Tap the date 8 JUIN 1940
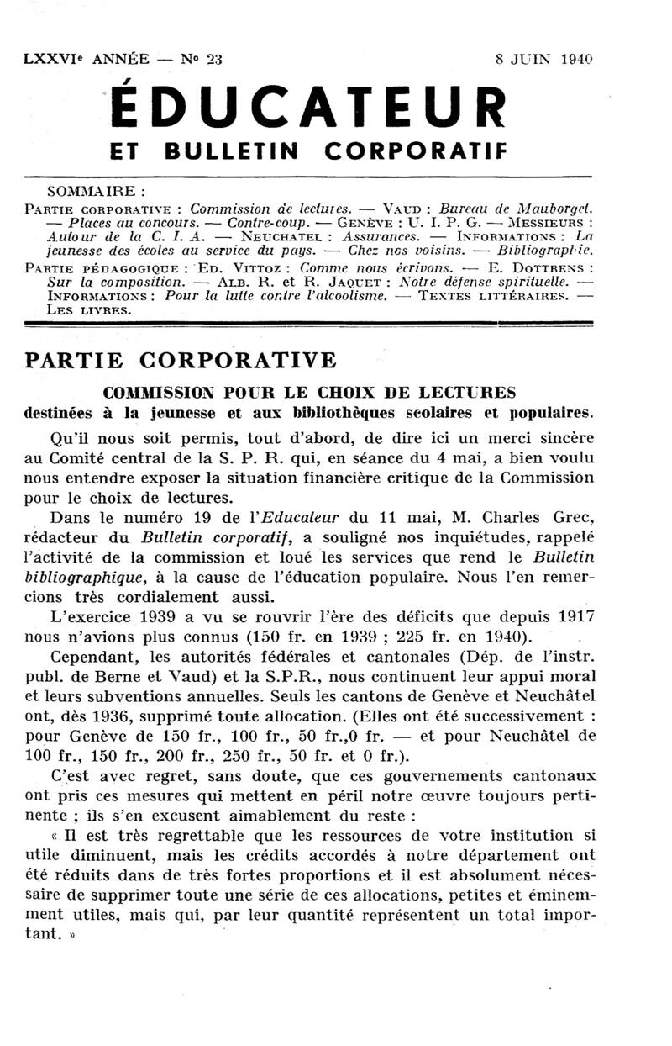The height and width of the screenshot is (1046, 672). click(x=543, y=59)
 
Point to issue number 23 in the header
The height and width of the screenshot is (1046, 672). click(x=214, y=59)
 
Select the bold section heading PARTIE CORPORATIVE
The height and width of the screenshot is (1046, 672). click(x=181, y=360)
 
